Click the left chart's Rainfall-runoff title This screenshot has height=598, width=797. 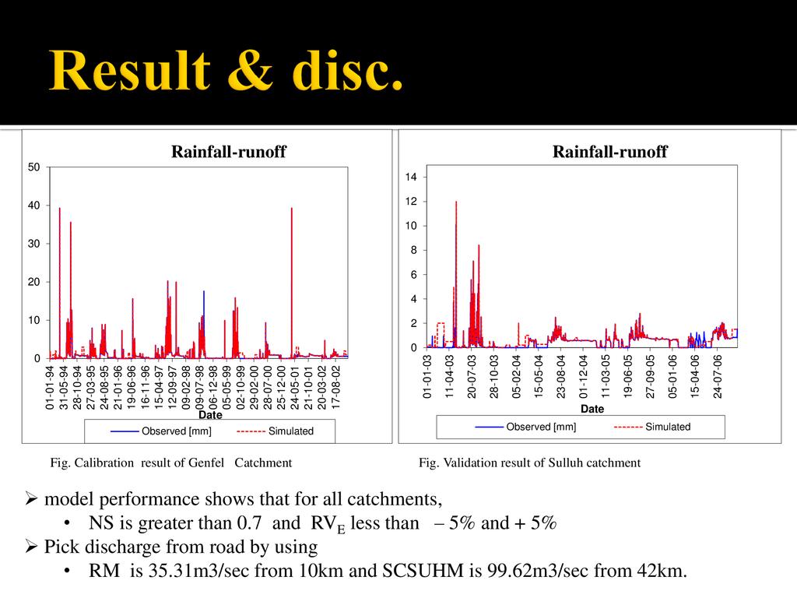click(229, 153)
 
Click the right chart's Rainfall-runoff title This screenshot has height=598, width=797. click(609, 152)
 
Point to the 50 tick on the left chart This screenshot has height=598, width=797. click(35, 167)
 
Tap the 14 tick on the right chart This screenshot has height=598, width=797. click(411, 178)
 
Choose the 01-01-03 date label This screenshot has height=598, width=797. click(427, 377)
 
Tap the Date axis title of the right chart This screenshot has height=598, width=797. click(592, 409)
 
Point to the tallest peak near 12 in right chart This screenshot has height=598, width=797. click(456, 202)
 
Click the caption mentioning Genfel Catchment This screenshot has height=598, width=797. click(171, 463)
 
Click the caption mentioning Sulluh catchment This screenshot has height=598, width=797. click(529, 463)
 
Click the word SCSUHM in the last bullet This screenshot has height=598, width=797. click(420, 571)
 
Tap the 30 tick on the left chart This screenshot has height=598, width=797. click(35, 244)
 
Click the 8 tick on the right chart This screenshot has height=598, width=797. click(413, 250)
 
